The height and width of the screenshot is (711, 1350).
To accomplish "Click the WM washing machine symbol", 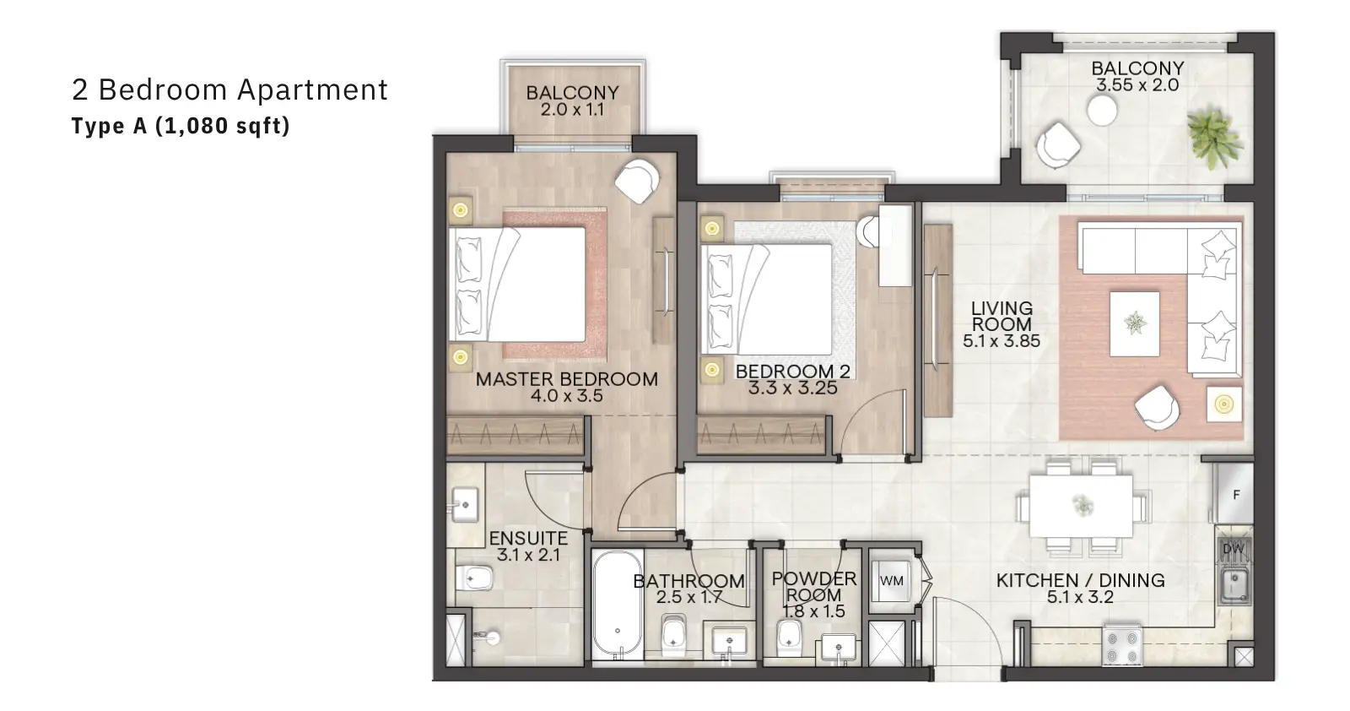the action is tap(891, 580).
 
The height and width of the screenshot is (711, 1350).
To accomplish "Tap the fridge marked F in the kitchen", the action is tap(1234, 494).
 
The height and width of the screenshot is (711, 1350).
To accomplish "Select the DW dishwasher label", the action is tap(1234, 549).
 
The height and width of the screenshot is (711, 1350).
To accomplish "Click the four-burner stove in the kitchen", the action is tap(1122, 645).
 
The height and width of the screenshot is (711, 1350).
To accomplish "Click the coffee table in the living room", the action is tap(1134, 324).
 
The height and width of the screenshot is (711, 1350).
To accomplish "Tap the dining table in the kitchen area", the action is tap(1081, 505).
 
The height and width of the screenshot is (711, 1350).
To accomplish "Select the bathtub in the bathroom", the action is tap(618, 605).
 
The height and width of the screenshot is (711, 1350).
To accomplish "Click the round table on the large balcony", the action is tap(1102, 111).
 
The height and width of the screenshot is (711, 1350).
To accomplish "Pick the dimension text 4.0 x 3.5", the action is tap(566, 396).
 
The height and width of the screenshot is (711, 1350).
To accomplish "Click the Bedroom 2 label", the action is tap(792, 372).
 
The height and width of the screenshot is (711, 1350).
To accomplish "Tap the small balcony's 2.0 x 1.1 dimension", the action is tap(572, 110).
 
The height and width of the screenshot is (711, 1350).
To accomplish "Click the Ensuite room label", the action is tap(528, 538).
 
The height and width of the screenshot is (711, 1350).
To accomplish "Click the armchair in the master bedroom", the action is tap(636, 181).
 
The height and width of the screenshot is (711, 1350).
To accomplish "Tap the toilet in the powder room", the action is tap(789, 639).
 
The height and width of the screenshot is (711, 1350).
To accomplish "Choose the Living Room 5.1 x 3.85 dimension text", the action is tap(1001, 341).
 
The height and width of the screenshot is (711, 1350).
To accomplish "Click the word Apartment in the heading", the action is tap(312, 90).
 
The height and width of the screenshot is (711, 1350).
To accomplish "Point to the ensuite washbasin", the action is tap(464, 505).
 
